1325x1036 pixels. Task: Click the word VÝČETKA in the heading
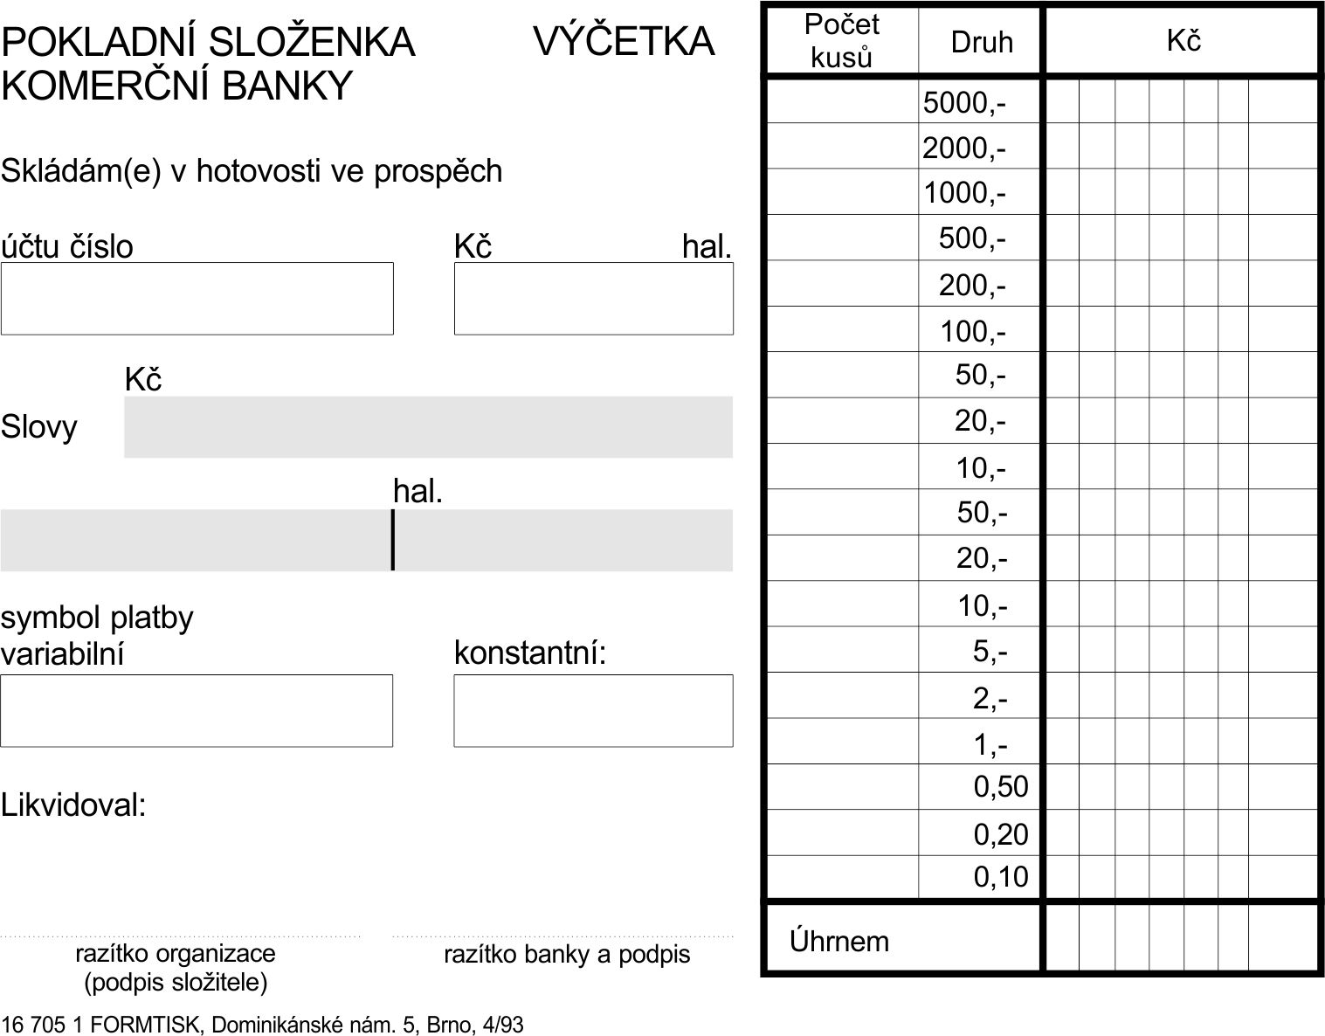[623, 41]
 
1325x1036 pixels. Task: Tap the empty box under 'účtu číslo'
[197, 299]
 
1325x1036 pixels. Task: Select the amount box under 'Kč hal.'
[593, 299]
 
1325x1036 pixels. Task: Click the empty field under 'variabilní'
[197, 711]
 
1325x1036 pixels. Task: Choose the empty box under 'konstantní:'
[593, 711]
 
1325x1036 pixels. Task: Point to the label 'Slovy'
[39, 427]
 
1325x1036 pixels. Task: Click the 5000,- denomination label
[964, 103]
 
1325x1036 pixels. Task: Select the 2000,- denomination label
[964, 148]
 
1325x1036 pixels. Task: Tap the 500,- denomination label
[972, 238]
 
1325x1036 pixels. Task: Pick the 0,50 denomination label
[1001, 787]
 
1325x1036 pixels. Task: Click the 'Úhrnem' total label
[839, 942]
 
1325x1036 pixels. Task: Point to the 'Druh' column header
[982, 42]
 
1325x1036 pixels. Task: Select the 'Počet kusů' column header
[841, 41]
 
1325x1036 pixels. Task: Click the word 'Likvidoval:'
[73, 805]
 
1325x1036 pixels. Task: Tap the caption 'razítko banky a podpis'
[567, 955]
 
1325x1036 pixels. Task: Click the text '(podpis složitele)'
[176, 983]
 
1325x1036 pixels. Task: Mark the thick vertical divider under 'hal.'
[393, 540]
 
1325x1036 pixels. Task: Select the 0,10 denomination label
[1001, 876]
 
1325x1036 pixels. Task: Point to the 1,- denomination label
[990, 745]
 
